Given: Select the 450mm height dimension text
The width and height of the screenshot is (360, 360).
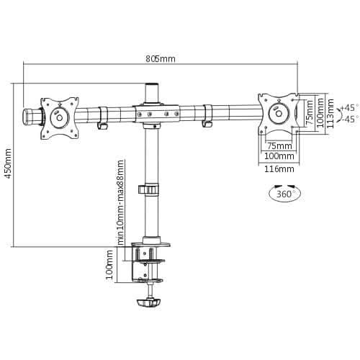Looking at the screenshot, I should coord(8,165).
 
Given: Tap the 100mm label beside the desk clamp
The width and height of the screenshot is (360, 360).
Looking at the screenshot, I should coord(109,265).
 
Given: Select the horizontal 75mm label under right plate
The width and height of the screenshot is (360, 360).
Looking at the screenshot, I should coord(274,145).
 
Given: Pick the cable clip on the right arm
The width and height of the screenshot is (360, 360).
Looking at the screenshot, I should coord(208,117).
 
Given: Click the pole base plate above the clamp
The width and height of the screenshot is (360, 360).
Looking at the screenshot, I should coord(152,240).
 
